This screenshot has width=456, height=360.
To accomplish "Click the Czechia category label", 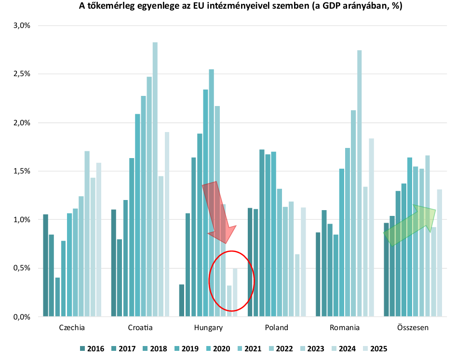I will click(x=72, y=328).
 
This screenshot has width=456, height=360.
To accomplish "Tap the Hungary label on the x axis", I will click(x=208, y=328).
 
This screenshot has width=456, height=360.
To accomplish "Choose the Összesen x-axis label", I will click(x=413, y=328).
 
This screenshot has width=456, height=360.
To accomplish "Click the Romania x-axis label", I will click(x=345, y=328).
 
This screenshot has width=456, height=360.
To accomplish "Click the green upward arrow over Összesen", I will click(x=410, y=225).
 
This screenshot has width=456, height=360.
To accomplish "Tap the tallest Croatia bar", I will click(x=155, y=178).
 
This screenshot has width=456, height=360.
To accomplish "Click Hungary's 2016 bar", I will click(x=182, y=300).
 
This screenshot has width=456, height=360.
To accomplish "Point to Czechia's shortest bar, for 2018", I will click(x=58, y=297).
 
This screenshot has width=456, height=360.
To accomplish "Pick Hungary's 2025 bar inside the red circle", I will click(x=235, y=292).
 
